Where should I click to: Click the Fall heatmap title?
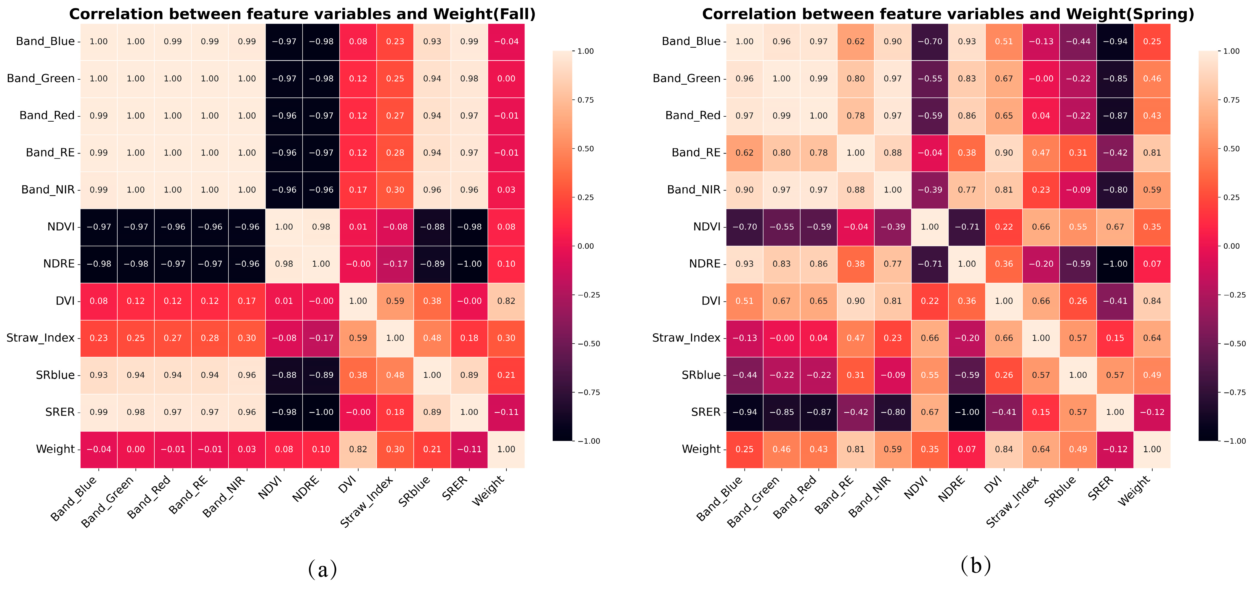(x=302, y=14)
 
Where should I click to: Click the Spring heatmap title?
(x=948, y=14)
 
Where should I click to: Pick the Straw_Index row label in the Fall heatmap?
(x=40, y=338)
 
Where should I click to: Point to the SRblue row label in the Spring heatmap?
(x=701, y=375)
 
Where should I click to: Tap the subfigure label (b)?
(x=976, y=565)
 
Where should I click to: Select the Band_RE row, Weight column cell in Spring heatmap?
(x=1152, y=153)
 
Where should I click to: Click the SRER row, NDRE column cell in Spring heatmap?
(x=967, y=412)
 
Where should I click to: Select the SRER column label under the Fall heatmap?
(x=455, y=487)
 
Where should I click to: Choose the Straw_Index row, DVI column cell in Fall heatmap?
(x=358, y=338)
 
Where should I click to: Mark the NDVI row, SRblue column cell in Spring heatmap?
(x=1078, y=227)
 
